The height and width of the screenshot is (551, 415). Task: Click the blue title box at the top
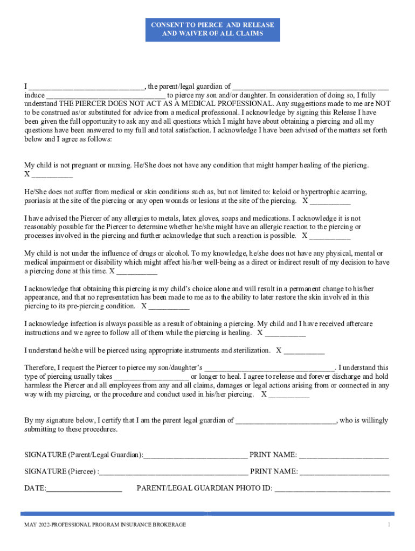pyautogui.click(x=212, y=29)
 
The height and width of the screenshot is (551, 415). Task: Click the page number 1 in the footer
pyautogui.click(x=388, y=525)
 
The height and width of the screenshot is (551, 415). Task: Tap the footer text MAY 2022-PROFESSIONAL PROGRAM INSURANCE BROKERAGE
pyautogui.click(x=105, y=525)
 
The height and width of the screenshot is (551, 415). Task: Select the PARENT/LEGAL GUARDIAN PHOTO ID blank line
pyautogui.click(x=333, y=489)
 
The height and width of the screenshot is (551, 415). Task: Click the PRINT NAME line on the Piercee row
pyautogui.click(x=344, y=472)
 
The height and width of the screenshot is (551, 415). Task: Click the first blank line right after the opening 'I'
pyautogui.click(x=86, y=87)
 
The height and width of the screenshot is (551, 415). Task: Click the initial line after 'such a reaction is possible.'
pyautogui.click(x=330, y=236)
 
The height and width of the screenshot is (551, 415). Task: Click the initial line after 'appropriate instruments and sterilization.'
pyautogui.click(x=305, y=351)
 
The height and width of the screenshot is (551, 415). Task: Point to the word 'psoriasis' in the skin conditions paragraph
pyautogui.click(x=39, y=201)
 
